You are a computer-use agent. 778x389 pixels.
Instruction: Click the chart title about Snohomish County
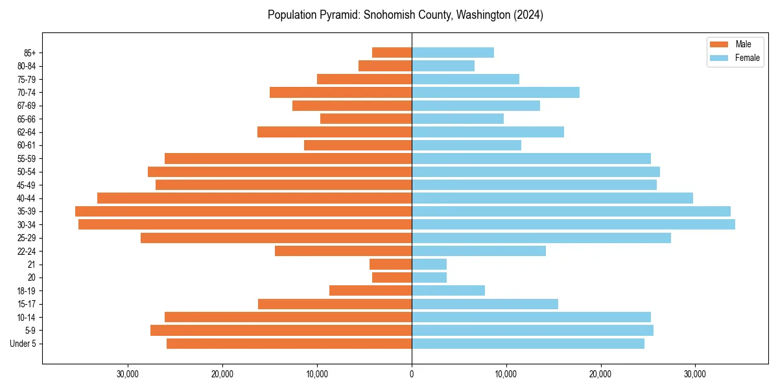click(x=405, y=15)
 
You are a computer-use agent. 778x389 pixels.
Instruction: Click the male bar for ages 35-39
click(x=243, y=211)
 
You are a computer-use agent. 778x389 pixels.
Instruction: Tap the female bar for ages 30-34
click(x=573, y=224)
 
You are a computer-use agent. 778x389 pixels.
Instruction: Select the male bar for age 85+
click(x=392, y=53)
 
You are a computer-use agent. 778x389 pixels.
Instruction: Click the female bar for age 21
click(x=429, y=264)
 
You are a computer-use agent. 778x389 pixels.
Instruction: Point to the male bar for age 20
click(x=392, y=277)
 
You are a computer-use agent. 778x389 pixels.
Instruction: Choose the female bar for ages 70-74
click(x=495, y=92)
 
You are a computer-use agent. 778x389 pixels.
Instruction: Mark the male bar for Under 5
click(x=289, y=344)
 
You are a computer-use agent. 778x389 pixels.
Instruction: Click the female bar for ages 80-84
click(x=443, y=65)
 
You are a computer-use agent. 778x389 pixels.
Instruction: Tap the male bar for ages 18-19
click(x=370, y=290)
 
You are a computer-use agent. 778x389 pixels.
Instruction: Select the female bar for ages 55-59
click(x=531, y=158)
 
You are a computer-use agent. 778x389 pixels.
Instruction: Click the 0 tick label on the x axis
click(x=412, y=375)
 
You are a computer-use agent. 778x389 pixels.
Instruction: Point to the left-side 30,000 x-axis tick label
click(x=128, y=375)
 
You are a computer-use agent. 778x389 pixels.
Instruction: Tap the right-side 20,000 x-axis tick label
click(x=600, y=375)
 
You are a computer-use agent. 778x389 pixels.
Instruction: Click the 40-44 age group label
click(x=27, y=198)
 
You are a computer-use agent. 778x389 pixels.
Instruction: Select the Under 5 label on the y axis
click(x=23, y=344)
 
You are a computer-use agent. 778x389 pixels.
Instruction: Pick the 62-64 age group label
click(x=27, y=132)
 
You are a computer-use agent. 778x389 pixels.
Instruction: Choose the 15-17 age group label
click(x=27, y=304)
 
